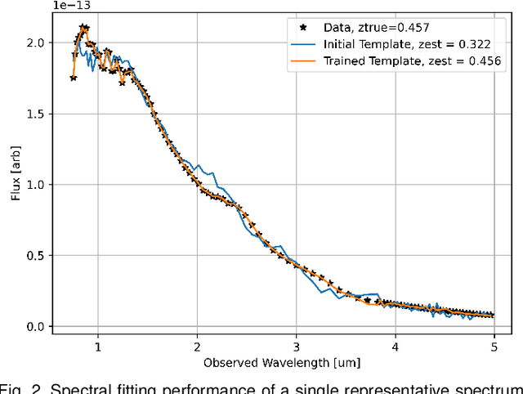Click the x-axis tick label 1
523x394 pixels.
[x=98, y=346]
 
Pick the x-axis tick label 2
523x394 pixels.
[x=197, y=346]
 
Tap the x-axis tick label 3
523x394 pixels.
[x=296, y=346]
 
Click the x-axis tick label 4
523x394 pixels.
[x=395, y=346]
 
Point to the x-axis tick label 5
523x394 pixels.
[x=494, y=346]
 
